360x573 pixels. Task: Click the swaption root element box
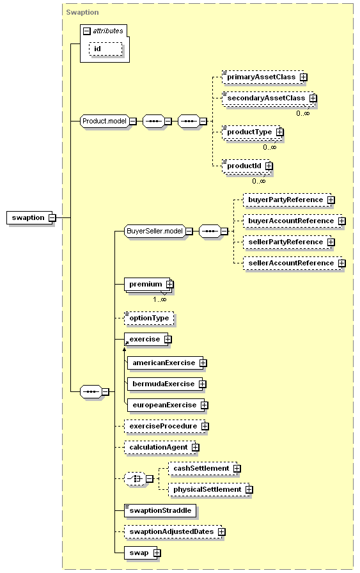[x=30, y=218]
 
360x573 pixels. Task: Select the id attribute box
[x=106, y=49]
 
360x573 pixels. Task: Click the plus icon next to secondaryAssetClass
[x=313, y=98]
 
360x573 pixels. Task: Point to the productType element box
[x=251, y=132]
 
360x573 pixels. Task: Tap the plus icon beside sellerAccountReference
[x=341, y=263]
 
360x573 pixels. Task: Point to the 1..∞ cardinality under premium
[x=160, y=300]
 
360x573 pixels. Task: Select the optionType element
[x=149, y=318]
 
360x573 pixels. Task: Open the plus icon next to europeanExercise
[x=205, y=405]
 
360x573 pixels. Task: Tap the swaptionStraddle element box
[x=160, y=510]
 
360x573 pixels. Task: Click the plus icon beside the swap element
[x=157, y=553]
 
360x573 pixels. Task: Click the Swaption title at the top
[x=82, y=12]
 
